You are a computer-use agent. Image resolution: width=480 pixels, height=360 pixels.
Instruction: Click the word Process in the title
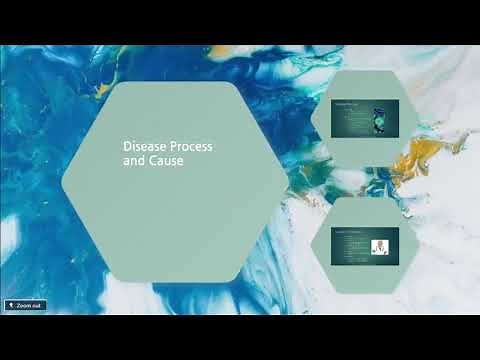[190, 145]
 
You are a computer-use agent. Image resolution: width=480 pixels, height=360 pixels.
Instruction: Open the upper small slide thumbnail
[365, 118]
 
